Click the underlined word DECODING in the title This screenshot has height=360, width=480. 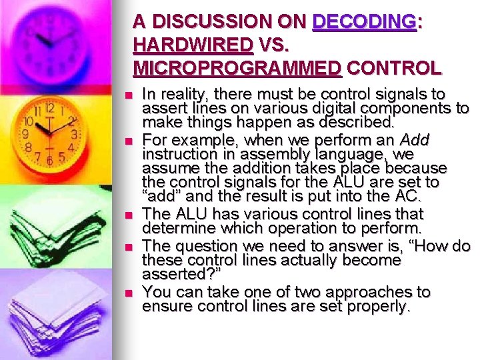pyautogui.click(x=365, y=21)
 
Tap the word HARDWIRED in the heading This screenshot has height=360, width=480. pyautogui.click(x=193, y=45)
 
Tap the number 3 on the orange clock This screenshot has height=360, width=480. pyautogui.click(x=74, y=135)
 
